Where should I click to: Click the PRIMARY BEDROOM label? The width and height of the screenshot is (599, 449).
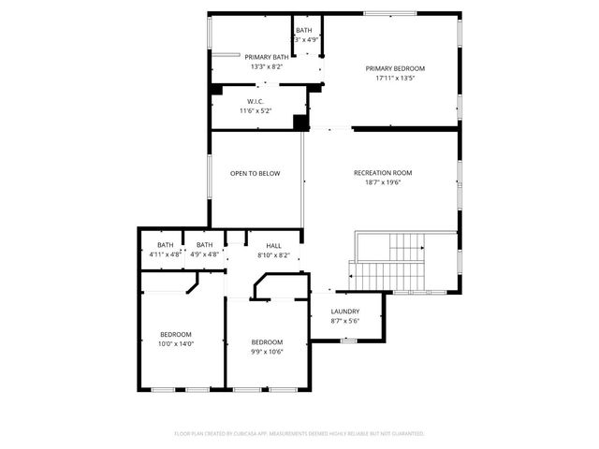pos(395,68)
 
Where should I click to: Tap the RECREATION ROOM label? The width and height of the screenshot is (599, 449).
pos(383,173)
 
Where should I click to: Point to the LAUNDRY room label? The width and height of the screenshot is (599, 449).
pos(345,312)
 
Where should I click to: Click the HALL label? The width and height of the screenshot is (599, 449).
pos(273,246)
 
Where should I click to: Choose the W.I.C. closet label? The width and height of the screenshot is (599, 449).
pos(257,101)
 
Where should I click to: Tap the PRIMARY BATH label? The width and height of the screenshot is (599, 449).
pos(268,57)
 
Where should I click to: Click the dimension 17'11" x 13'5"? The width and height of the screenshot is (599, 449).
pos(395,79)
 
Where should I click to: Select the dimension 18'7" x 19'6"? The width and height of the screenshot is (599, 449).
pos(383,183)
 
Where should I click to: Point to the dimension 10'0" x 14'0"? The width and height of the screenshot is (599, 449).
pos(176,344)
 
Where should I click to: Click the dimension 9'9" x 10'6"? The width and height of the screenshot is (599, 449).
pos(267,353)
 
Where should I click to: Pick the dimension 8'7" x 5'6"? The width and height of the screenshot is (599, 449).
pos(345,322)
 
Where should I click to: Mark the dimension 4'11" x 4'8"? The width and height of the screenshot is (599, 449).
pos(165,254)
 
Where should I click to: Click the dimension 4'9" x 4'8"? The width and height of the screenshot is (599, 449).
pos(204,254)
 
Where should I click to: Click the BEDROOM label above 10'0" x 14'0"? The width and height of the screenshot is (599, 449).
pos(176,335)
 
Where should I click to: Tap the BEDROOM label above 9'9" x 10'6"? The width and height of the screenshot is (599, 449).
pos(267,342)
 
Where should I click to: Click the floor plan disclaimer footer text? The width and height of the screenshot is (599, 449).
pos(299,434)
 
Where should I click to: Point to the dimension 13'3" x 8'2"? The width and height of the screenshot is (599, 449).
pos(268,67)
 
